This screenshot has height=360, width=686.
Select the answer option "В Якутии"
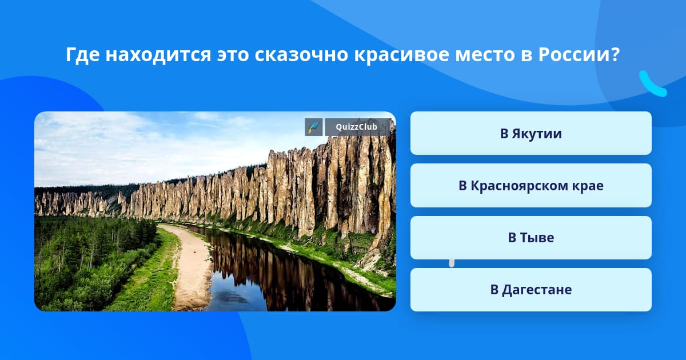(531, 134)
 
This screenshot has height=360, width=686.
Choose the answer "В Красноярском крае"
(531, 186)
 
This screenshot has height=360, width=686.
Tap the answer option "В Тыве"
(531, 238)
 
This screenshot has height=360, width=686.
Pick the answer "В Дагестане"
(531, 290)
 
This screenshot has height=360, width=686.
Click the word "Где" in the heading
(79, 55)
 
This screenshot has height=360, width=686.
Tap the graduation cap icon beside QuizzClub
(314, 127)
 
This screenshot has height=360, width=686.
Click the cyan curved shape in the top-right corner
(652, 84)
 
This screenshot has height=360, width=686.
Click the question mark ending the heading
(616, 55)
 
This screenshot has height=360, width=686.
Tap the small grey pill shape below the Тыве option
(452, 263)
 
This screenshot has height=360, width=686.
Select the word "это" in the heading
(232, 55)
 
